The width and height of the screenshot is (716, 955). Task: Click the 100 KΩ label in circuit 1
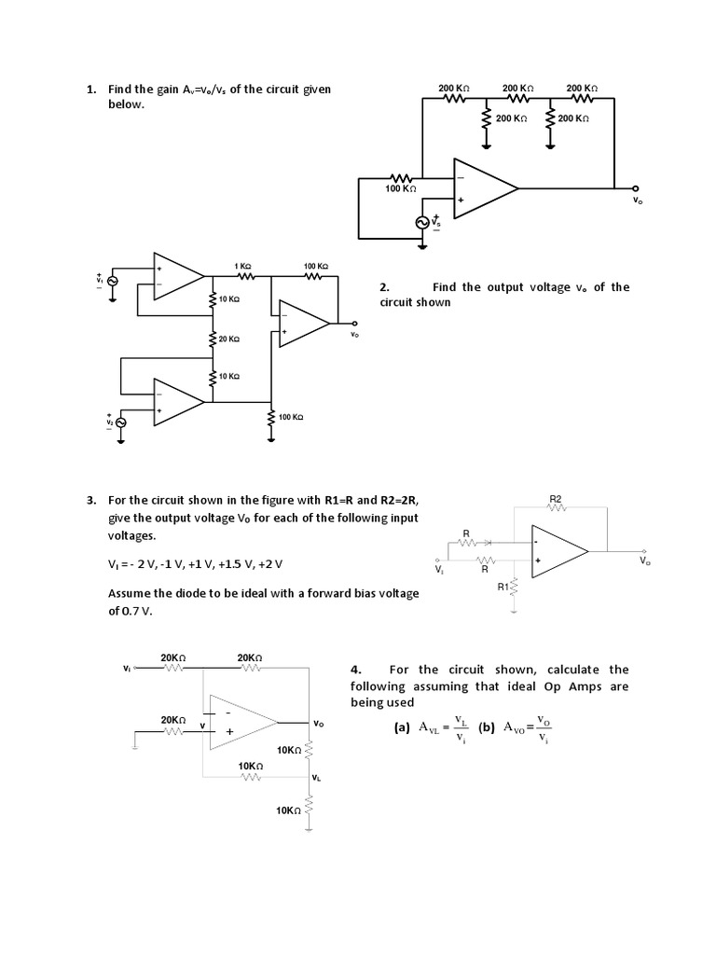click(401, 188)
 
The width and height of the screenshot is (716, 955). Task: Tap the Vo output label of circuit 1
click(637, 200)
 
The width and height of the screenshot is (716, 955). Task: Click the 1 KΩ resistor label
click(244, 267)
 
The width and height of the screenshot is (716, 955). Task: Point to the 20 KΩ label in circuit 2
click(229, 339)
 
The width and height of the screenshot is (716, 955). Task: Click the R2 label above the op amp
click(556, 500)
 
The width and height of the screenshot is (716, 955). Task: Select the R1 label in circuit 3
click(503, 587)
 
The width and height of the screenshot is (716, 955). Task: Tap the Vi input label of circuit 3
click(439, 567)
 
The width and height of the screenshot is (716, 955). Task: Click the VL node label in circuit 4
click(318, 777)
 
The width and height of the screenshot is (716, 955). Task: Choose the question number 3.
click(91, 500)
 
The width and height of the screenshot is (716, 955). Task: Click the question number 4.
click(355, 670)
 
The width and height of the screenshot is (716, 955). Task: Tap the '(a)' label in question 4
click(402, 729)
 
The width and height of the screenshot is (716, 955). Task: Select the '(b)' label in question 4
click(486, 729)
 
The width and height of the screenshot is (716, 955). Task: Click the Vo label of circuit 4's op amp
click(319, 723)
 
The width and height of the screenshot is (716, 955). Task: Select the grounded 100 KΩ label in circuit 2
click(291, 417)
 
